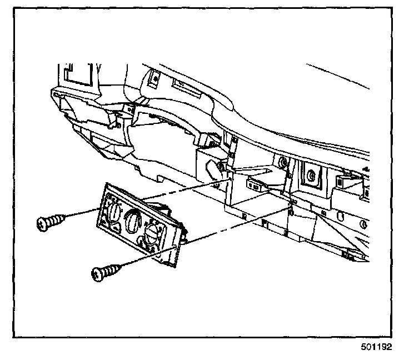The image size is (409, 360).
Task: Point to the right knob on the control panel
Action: point(152,236)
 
